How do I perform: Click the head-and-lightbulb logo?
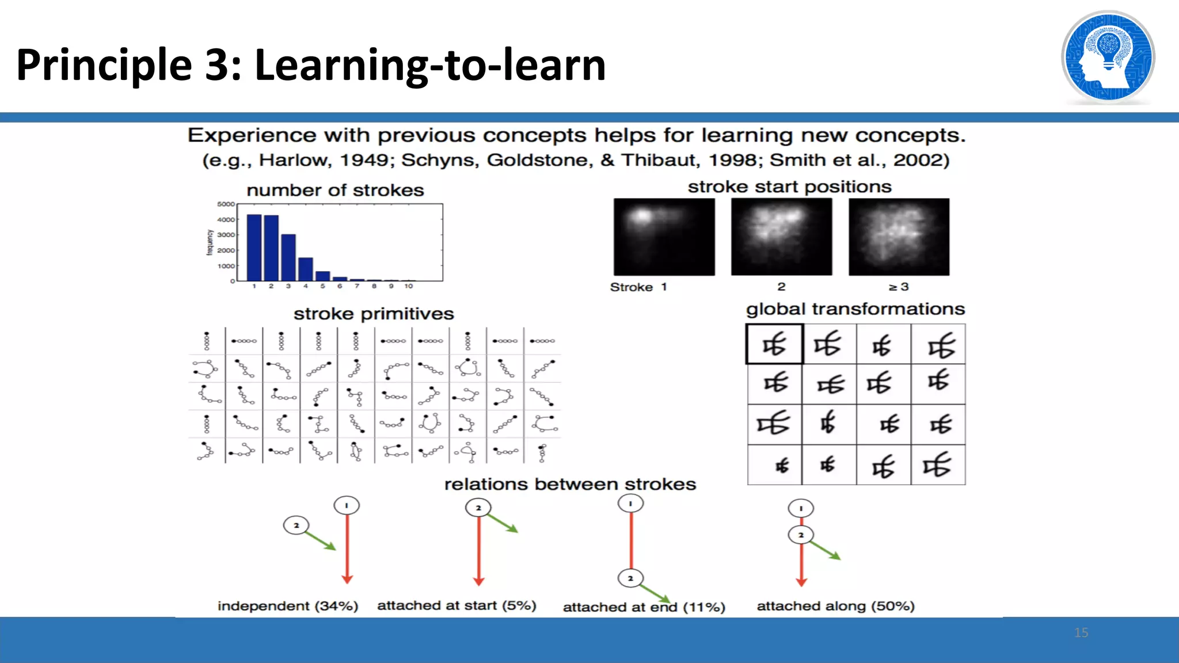click(1108, 57)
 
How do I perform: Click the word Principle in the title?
click(104, 65)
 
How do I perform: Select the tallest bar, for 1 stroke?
click(254, 247)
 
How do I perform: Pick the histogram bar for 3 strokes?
click(288, 257)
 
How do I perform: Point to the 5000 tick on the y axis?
click(226, 204)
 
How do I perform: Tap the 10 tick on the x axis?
click(408, 286)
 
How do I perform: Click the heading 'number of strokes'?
click(335, 190)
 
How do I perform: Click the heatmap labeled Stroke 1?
click(664, 237)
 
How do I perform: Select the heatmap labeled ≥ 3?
click(899, 237)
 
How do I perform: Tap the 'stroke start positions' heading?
click(789, 187)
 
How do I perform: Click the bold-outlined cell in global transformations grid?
click(774, 344)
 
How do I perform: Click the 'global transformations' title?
click(855, 309)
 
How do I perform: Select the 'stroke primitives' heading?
click(374, 314)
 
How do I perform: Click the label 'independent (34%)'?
click(288, 606)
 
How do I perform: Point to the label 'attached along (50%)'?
click(835, 606)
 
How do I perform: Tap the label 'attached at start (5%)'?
click(457, 605)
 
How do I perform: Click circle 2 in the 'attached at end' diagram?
click(630, 578)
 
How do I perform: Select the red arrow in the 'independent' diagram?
click(347, 547)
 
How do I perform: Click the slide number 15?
click(1081, 632)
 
